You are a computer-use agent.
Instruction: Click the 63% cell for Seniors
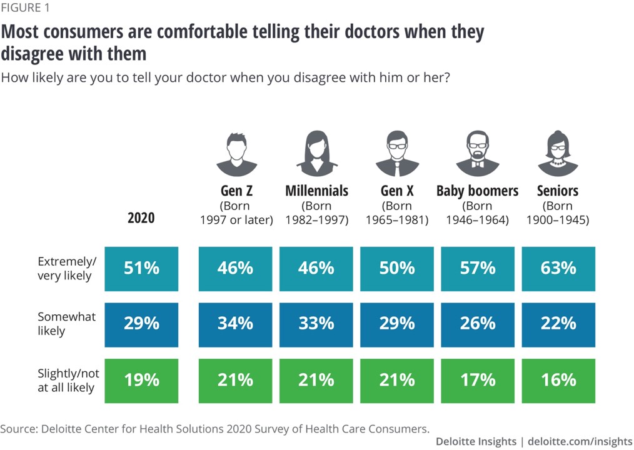(558, 269)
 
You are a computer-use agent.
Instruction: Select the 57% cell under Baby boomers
(478, 269)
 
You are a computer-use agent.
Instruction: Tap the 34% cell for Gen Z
(236, 324)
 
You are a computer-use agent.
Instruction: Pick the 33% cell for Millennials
(316, 324)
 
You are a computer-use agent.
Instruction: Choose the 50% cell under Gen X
(397, 269)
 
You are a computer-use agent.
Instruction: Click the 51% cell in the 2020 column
(142, 269)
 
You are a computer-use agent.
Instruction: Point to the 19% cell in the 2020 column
(142, 380)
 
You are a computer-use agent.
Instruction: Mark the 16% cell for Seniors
(558, 380)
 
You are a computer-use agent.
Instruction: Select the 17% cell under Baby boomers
(478, 380)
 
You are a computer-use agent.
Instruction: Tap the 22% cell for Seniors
(558, 324)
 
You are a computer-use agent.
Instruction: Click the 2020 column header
(141, 218)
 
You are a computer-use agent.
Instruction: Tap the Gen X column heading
(397, 191)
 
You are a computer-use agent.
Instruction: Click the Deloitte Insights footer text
(476, 441)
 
